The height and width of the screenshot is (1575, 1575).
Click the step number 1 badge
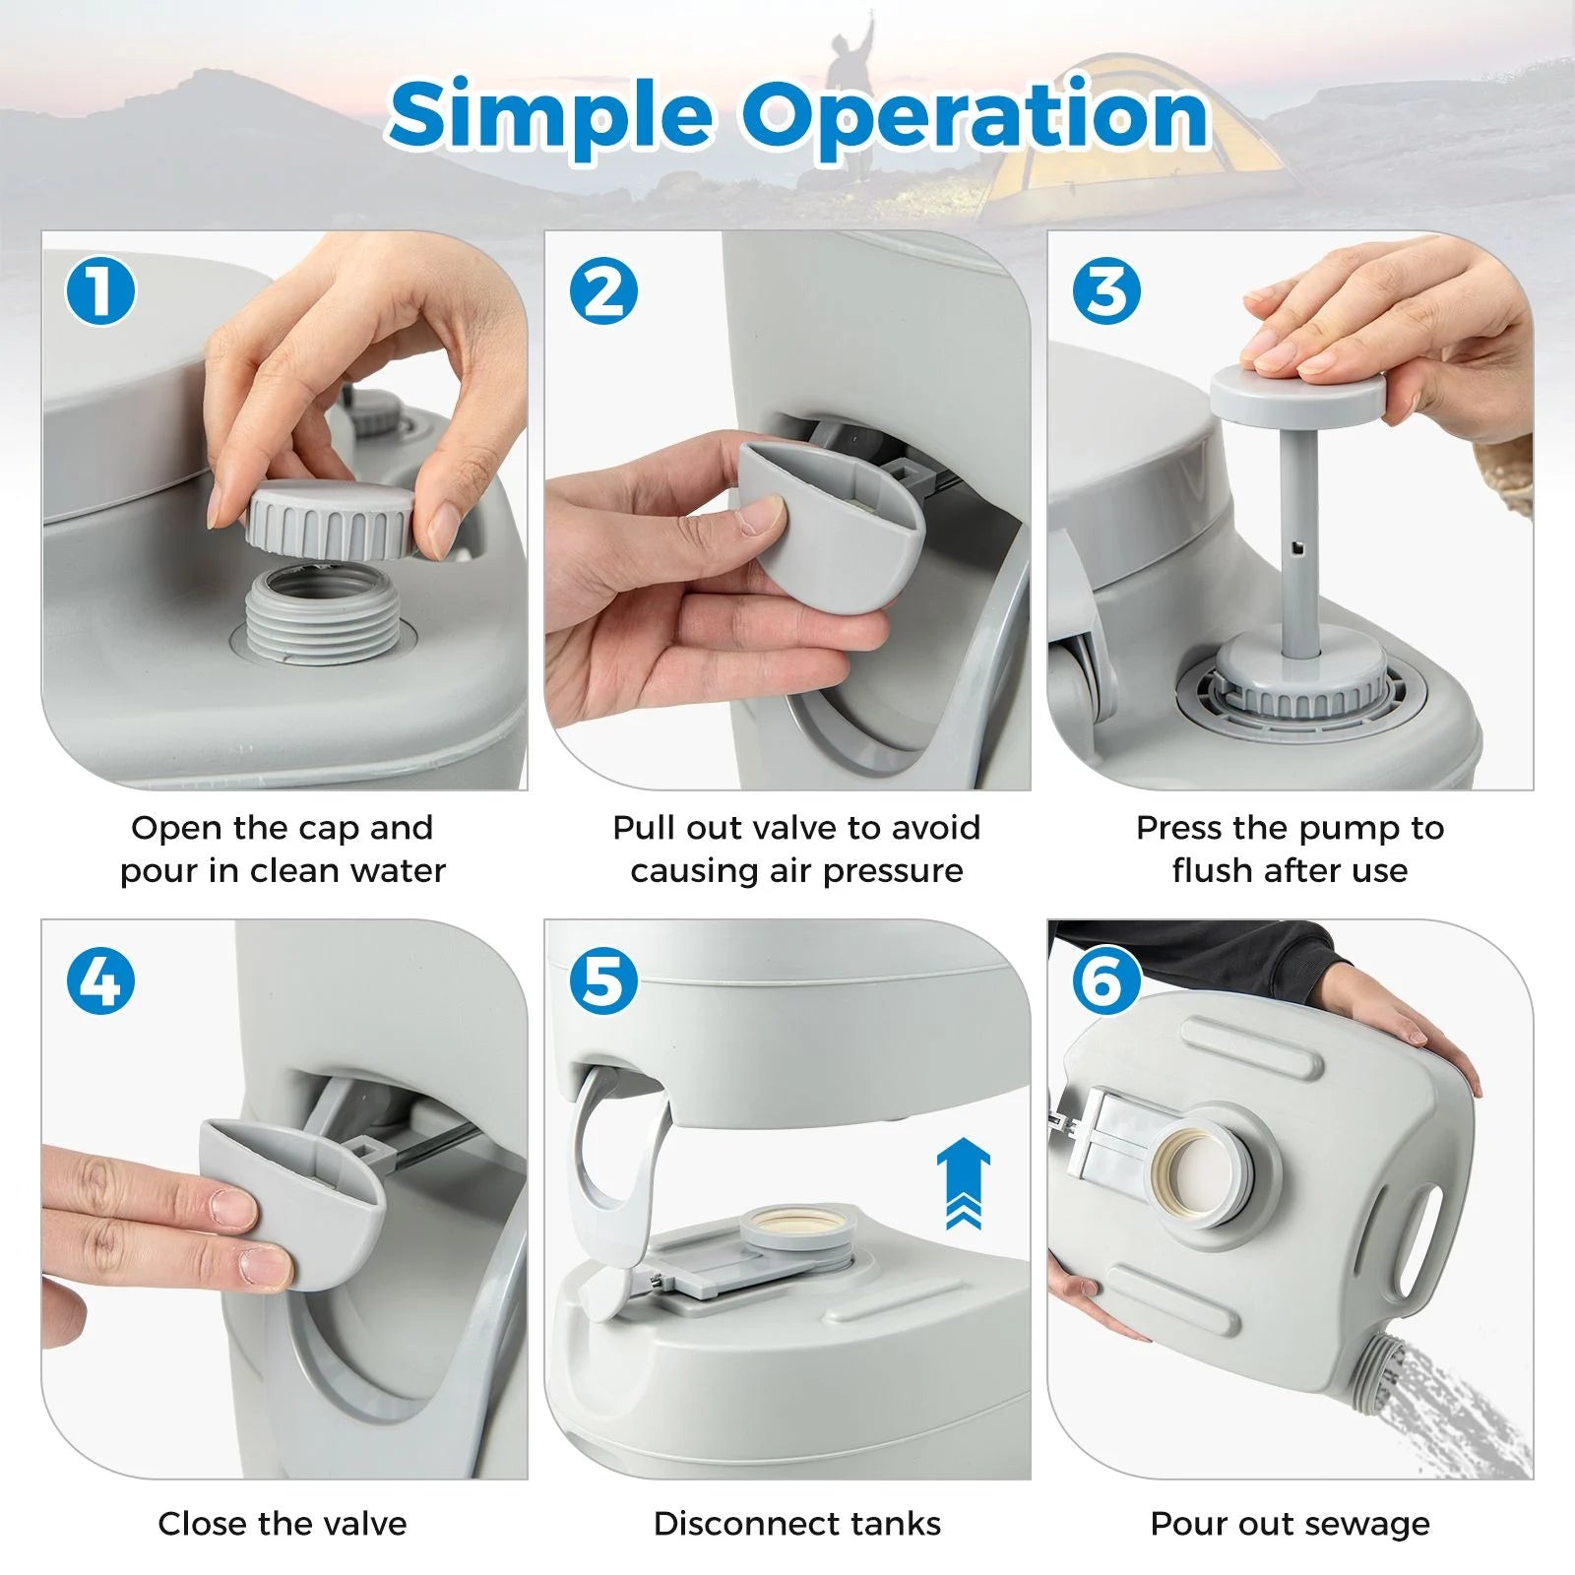click(x=99, y=291)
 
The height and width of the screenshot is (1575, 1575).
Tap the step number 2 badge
click(x=603, y=291)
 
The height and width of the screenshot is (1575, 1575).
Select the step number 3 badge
click(x=1106, y=291)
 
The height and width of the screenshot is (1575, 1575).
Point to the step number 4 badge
click(x=99, y=981)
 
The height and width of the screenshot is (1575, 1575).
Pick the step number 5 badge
click(x=603, y=981)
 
